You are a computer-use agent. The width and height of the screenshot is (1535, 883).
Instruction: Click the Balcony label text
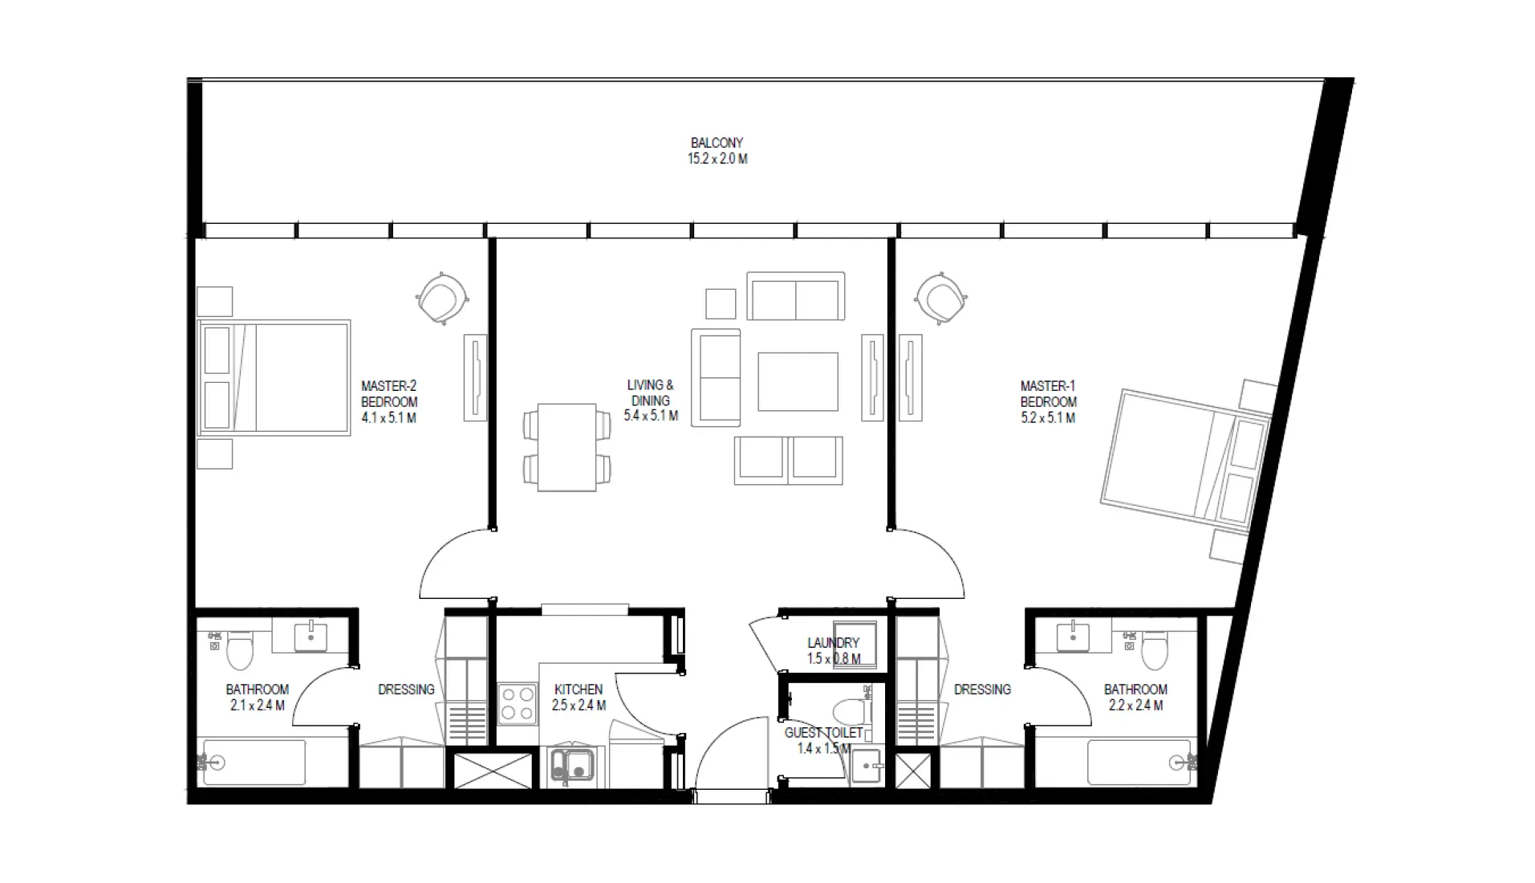tap(717, 143)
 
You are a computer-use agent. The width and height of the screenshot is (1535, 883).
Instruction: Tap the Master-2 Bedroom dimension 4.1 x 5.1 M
tap(388, 418)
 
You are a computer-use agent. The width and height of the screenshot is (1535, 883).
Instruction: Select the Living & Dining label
tap(650, 393)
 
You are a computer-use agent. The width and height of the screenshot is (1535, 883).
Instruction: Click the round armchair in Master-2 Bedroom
tap(441, 299)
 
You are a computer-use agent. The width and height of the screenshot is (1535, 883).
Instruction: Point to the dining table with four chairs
tap(566, 447)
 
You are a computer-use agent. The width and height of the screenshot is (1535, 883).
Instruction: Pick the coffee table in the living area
tap(798, 381)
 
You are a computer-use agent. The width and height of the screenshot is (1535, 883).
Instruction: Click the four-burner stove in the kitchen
tap(518, 703)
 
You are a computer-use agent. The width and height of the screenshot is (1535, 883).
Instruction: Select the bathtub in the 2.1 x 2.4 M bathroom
tap(254, 763)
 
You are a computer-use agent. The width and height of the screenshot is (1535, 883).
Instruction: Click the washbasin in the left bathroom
tap(310, 636)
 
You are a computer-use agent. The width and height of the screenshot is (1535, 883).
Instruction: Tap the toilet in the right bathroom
tap(1153, 650)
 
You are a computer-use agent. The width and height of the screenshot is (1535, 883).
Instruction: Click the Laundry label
tap(833, 643)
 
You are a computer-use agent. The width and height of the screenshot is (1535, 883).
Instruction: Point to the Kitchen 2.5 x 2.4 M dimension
tap(579, 706)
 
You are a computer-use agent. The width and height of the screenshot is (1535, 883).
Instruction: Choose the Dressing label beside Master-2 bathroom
tap(406, 690)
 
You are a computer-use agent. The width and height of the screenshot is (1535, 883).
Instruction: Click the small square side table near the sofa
tap(721, 303)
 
